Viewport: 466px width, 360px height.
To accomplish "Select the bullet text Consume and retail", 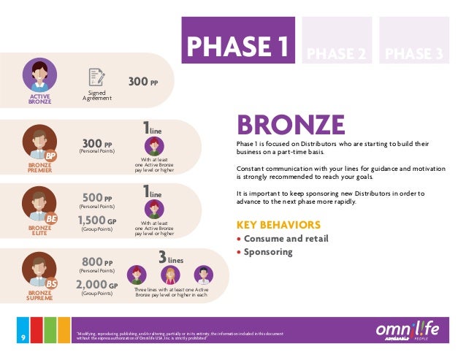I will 286,238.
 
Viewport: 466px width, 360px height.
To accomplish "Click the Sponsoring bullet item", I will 268,252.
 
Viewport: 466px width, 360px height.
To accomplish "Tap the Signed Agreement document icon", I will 96,77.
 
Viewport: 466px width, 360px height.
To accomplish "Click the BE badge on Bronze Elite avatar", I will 51,218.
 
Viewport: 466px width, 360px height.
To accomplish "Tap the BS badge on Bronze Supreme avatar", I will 51,283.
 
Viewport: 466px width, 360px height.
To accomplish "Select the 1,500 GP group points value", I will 96,220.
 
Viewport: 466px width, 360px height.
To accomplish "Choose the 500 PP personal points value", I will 97,197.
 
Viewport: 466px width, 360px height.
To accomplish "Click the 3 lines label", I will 171,258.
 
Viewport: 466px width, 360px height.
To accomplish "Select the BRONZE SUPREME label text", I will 39,295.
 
